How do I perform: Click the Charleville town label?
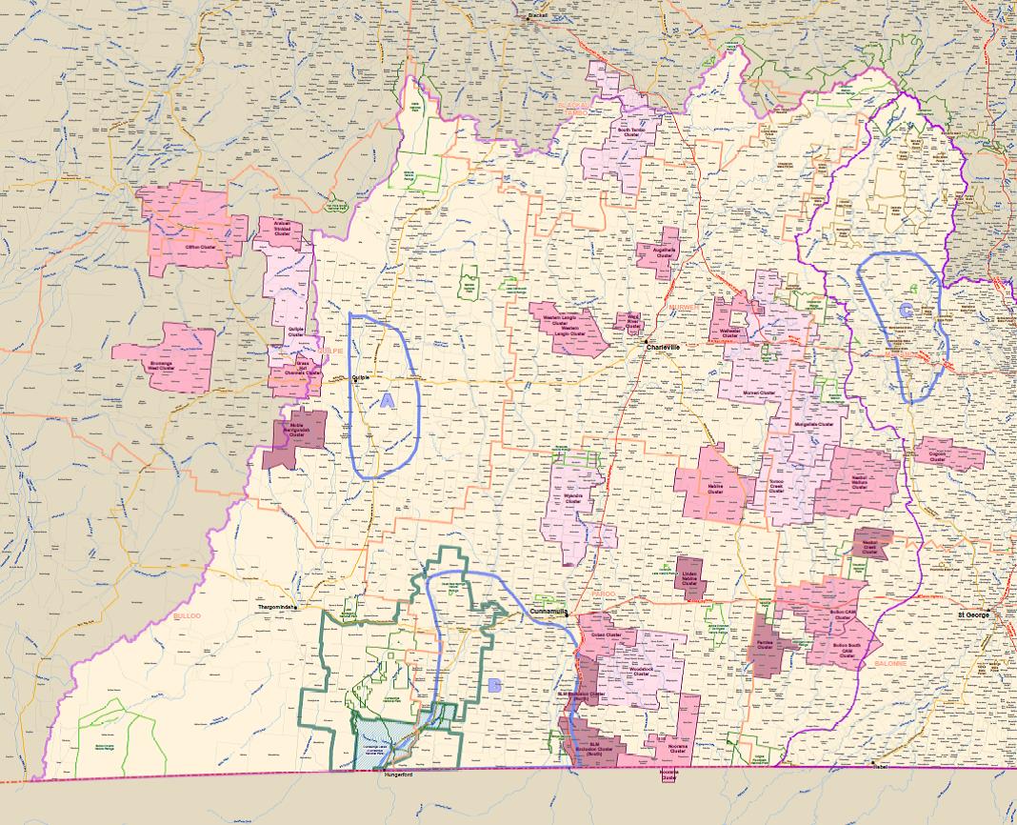[664, 347]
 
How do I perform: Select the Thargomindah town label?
[278, 607]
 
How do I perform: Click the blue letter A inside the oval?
[387, 401]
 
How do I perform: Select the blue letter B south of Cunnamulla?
[493, 684]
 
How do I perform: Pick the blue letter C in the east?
[905, 310]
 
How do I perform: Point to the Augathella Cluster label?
[663, 253]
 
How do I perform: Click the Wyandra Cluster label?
[572, 499]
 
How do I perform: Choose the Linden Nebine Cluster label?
[691, 577]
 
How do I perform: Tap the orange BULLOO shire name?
[187, 616]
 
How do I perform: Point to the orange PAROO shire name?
[603, 595]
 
